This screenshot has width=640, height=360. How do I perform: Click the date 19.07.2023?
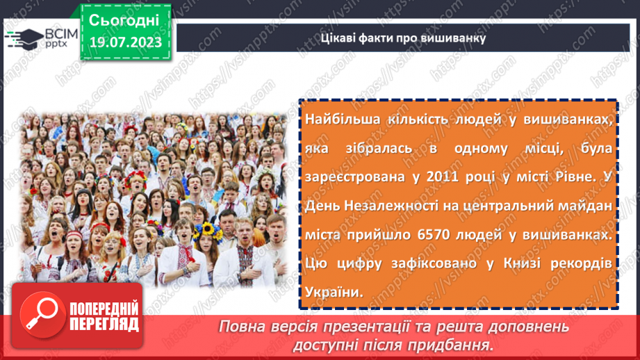coord(124,43)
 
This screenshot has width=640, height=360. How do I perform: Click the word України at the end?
coord(332,292)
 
